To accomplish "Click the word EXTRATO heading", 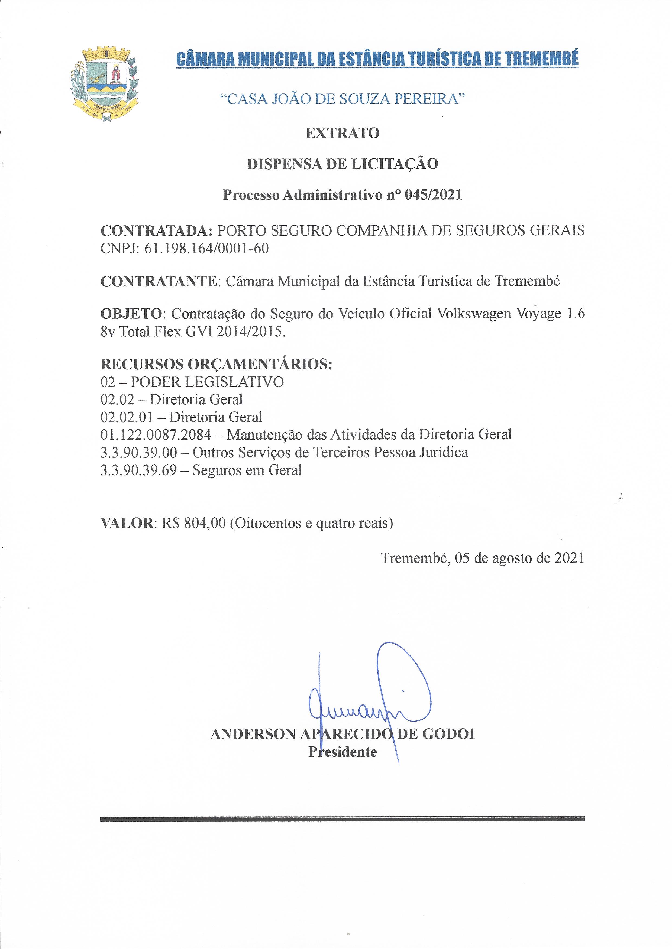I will coord(342,133).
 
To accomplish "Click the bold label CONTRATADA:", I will coord(156,230).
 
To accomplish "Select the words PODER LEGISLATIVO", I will coord(207,382).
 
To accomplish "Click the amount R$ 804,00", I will coord(194,523).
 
